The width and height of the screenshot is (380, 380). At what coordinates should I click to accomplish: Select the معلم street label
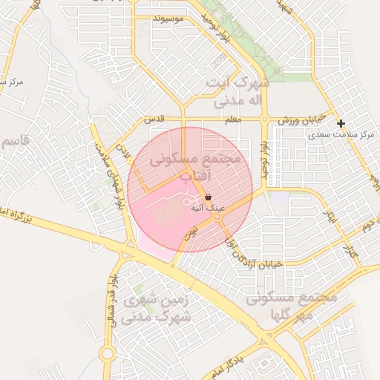232,119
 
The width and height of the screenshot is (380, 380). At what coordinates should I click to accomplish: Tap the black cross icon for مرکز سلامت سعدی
341,123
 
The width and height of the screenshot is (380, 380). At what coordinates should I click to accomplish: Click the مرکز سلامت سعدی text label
340,135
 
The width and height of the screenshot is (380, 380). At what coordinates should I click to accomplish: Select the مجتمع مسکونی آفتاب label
194,166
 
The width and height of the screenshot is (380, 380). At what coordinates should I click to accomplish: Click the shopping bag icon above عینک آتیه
209,198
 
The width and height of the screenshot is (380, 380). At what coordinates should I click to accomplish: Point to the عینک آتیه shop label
208,209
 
